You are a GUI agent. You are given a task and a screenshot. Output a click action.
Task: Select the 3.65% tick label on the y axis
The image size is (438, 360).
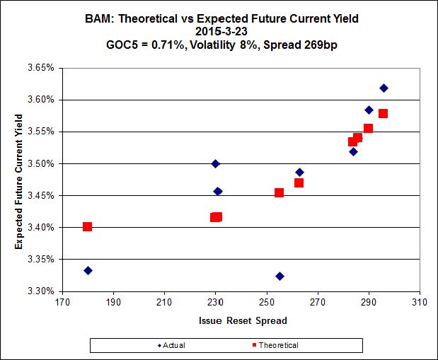pyautogui.click(x=40, y=68)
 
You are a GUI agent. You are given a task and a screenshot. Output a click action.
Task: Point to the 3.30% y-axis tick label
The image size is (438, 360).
pyautogui.click(x=40, y=291)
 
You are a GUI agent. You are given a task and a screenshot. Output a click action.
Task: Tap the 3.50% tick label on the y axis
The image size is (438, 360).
pyautogui.click(x=40, y=163)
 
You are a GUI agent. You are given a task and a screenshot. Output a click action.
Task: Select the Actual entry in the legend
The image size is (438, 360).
pyautogui.click(x=178, y=345)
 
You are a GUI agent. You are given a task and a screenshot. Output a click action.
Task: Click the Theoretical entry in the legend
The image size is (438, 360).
pyautogui.click(x=272, y=345)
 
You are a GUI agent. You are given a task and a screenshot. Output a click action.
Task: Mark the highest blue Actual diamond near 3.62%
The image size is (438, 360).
pyautogui.click(x=384, y=88)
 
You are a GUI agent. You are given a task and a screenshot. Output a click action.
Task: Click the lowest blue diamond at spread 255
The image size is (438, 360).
pyautogui.click(x=279, y=276)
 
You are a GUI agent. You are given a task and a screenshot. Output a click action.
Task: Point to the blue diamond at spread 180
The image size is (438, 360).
pyautogui.click(x=88, y=271)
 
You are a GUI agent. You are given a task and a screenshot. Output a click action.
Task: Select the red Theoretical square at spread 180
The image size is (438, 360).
pyautogui.click(x=88, y=227)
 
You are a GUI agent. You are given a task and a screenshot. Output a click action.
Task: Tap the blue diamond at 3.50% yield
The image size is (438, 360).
pyautogui.click(x=216, y=164)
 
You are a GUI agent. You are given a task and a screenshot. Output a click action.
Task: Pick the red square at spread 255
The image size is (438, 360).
pyautogui.click(x=279, y=192)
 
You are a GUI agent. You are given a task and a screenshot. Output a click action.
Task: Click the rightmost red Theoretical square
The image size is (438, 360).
pyautogui.click(x=384, y=113)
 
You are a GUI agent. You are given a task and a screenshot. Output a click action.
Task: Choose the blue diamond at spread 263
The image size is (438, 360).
pyautogui.click(x=299, y=173)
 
